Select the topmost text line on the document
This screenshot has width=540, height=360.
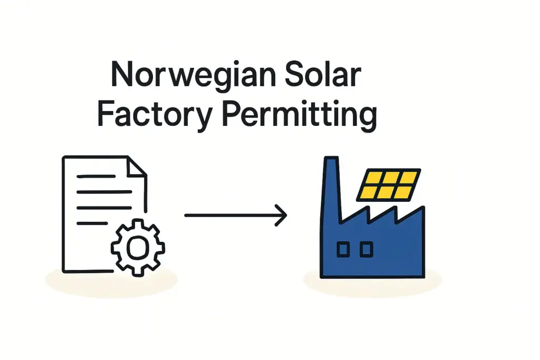point(96,176)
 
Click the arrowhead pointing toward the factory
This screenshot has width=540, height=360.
point(282,216)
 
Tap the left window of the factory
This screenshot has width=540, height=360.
point(343,249)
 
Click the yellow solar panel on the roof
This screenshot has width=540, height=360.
point(389,184)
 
